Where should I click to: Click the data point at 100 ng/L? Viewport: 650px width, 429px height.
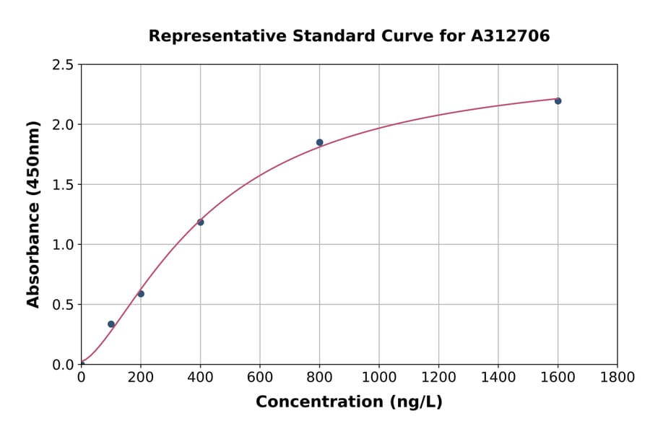coord(111,324)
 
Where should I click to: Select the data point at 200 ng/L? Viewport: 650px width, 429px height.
coord(141,294)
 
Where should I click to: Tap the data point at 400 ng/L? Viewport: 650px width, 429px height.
coord(200,222)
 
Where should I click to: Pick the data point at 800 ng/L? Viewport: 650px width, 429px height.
coord(319,142)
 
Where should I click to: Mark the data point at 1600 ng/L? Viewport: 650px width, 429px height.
coord(558,101)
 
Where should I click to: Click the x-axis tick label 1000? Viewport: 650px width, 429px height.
coord(379,377)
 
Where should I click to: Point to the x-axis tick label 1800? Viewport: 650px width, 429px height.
coord(617,377)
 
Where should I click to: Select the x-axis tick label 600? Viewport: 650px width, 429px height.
coord(260,377)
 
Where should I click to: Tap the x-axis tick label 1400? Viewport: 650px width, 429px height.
coord(498,377)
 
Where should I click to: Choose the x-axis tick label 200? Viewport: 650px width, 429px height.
coord(141,377)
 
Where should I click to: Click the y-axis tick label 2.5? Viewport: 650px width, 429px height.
coord(64,65)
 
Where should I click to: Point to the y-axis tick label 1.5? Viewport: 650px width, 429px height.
coord(64,185)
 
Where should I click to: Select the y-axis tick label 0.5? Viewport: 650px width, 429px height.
coord(64,305)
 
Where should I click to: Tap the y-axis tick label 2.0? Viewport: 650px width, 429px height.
coord(64,125)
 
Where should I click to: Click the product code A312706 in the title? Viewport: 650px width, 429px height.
coord(511,36)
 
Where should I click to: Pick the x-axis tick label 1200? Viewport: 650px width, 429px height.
coord(438,377)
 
